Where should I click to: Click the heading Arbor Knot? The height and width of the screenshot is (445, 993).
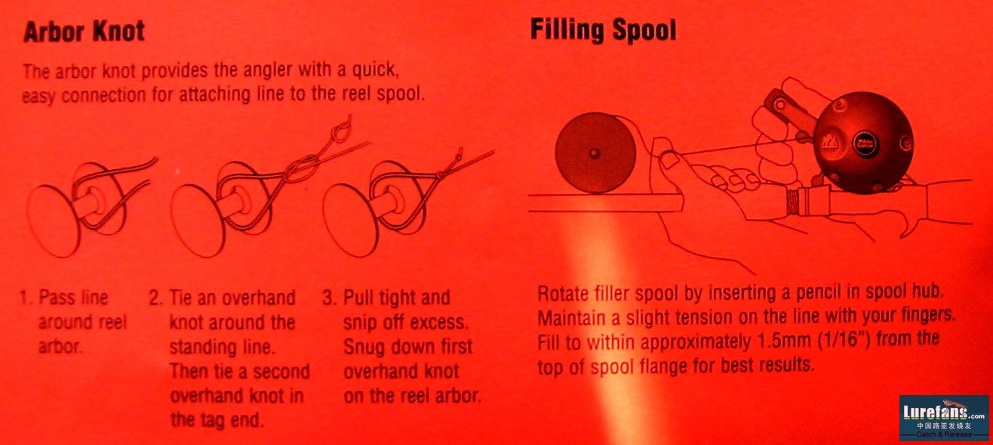85,32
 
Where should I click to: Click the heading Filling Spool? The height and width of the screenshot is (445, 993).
604,30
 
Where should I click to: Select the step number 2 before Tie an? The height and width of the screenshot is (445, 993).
155,298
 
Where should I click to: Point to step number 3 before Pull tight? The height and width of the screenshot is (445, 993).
330,298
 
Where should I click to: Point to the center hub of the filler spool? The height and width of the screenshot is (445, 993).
595,153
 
